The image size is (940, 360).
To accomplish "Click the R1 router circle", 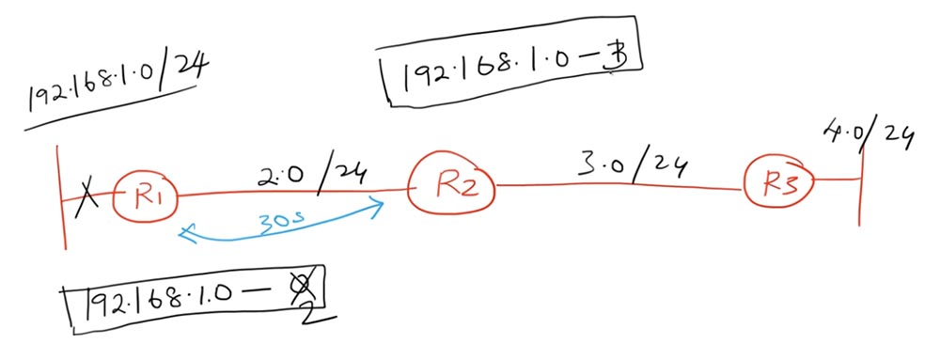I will pyautogui.click(x=145, y=195).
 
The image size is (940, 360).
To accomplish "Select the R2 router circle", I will pyautogui.click(x=452, y=183).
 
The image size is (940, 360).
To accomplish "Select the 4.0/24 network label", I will pyautogui.click(x=869, y=136).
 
